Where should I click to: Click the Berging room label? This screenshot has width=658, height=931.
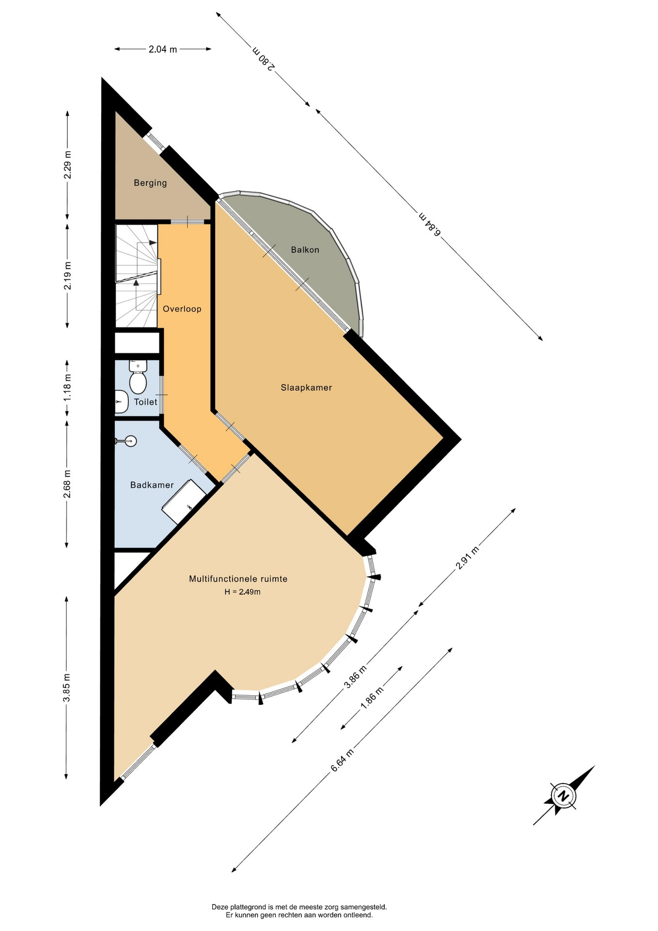pyautogui.click(x=150, y=183)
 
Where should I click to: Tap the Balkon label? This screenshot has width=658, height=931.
pyautogui.click(x=305, y=250)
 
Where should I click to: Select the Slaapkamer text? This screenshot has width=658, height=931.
pyautogui.click(x=306, y=387)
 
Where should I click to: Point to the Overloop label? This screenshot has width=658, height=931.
pyautogui.click(x=182, y=309)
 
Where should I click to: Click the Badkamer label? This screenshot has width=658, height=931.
pyautogui.click(x=152, y=485)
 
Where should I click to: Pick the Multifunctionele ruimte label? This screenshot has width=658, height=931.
pyautogui.click(x=238, y=578)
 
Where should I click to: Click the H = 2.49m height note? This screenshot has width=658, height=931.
pyautogui.click(x=242, y=592)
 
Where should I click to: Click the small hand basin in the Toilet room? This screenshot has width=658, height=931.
pyautogui.click(x=121, y=401)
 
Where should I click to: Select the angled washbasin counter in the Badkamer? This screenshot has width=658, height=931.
pyautogui.click(x=184, y=501)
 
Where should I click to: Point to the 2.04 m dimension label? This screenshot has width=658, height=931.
pyautogui.click(x=162, y=49)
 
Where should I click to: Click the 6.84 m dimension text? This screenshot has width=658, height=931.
pyautogui.click(x=430, y=224)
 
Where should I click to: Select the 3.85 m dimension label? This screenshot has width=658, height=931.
pyautogui.click(x=67, y=687)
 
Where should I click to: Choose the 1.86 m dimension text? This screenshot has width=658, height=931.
pyautogui.click(x=372, y=698)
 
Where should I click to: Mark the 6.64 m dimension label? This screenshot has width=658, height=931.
pyautogui.click(x=342, y=760)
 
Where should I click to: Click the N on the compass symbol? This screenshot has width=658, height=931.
pyautogui.click(x=563, y=796)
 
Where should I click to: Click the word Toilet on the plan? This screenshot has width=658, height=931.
pyautogui.click(x=145, y=402)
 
